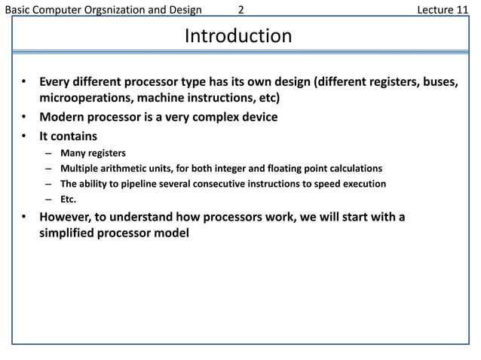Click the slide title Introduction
238,36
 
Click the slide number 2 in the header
240,9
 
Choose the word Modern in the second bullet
63,117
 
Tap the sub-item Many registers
93,154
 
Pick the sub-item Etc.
69,200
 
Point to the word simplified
70,234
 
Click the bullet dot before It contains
24,136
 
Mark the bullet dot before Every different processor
24,81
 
